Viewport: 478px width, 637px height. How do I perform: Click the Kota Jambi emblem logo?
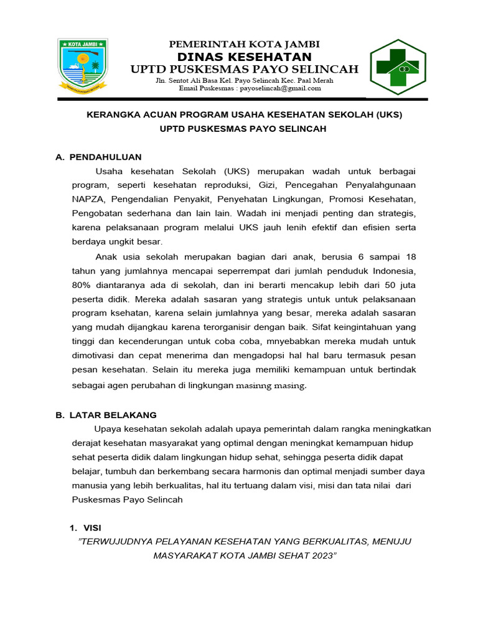point(83,65)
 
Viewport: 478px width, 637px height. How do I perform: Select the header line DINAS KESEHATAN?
point(245,57)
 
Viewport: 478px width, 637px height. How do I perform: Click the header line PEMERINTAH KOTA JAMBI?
point(245,44)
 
